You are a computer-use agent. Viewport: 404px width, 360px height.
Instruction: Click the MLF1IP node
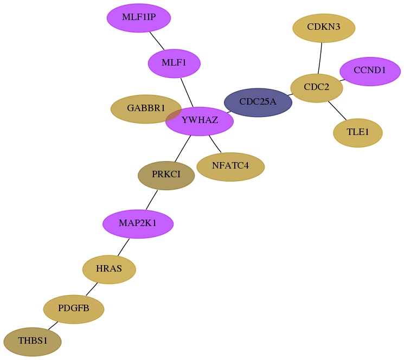[x=139, y=18]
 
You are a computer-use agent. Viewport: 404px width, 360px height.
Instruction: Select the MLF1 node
[x=174, y=63]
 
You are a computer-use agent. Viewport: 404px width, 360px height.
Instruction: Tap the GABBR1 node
[x=146, y=109]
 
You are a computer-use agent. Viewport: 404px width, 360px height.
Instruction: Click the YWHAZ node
[x=200, y=121]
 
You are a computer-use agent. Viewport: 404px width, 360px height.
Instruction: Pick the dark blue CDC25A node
[x=258, y=102]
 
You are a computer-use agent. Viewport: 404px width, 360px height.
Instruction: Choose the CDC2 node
[x=317, y=88]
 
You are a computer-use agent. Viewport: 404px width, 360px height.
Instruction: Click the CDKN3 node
[x=324, y=28]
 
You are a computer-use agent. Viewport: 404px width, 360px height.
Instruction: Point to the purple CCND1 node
[x=370, y=72]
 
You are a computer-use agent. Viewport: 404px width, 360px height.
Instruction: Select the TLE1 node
[x=358, y=133]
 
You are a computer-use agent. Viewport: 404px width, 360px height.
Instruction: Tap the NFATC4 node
[x=230, y=167]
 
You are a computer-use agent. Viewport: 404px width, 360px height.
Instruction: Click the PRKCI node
[x=166, y=176]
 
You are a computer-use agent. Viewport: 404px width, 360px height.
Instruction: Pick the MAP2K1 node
[x=138, y=224]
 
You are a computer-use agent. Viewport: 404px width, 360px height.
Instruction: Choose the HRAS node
[x=109, y=269]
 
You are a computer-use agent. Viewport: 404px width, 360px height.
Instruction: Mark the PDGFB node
[x=74, y=309]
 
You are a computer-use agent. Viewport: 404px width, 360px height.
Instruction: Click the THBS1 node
[x=33, y=342]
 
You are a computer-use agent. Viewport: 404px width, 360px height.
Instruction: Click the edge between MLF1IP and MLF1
[x=157, y=41]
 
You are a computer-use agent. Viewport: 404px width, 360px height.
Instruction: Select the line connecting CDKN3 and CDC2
[x=320, y=58]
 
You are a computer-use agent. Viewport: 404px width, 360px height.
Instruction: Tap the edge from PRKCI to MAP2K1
[x=152, y=200]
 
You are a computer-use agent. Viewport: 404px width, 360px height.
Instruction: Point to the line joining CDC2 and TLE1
[x=337, y=111]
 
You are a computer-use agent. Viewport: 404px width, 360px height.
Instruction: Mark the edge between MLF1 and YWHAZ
[x=187, y=93]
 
